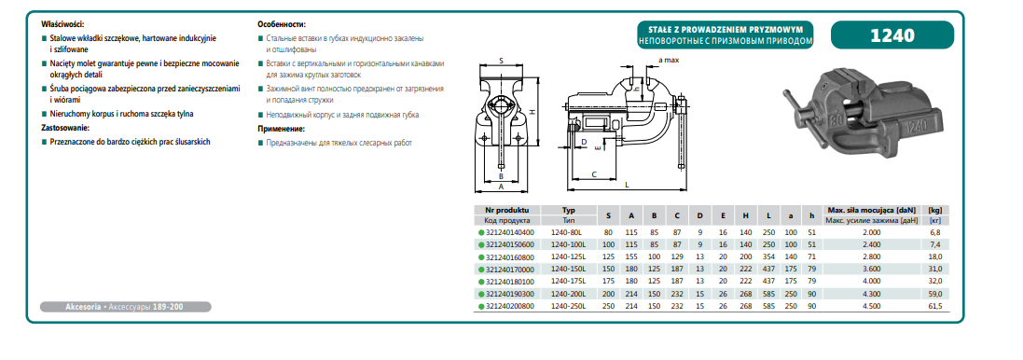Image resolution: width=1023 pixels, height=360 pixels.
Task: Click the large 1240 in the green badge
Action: [892, 35]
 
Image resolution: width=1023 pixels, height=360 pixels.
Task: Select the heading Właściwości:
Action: [62, 22]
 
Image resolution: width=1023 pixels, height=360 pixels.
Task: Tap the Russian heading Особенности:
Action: [282, 22]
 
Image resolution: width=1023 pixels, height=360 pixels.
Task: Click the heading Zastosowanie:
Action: [64, 127]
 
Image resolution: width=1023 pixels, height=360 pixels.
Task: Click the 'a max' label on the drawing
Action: [670, 60]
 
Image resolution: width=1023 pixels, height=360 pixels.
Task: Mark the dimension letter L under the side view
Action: [627, 185]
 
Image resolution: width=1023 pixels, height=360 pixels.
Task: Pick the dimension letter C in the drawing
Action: [594, 174]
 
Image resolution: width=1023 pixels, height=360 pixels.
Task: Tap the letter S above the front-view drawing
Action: [501, 61]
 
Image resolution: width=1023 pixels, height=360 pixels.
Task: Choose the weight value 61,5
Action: [935, 305]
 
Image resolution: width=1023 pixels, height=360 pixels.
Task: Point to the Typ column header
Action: [568, 210]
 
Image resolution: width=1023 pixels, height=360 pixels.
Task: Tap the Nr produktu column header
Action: [512, 210]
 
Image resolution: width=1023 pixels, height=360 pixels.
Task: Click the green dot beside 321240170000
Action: [481, 269]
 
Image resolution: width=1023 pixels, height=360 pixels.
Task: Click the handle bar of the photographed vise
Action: [797, 112]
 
